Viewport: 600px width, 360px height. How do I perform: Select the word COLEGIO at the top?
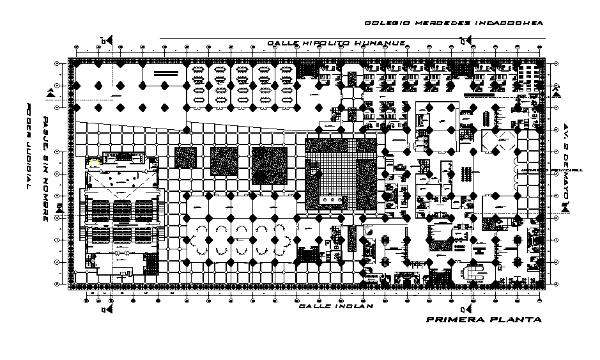tap(386, 23)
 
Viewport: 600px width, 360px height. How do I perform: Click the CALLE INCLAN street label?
tap(335, 306)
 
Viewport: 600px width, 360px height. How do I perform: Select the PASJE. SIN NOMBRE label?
tap(45, 169)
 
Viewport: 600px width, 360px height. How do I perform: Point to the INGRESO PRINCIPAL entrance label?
tap(551, 170)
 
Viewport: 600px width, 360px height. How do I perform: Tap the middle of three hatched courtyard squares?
tap(224, 161)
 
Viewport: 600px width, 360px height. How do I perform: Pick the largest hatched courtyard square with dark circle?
tap(269, 164)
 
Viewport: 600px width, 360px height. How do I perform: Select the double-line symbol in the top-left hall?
tap(165, 75)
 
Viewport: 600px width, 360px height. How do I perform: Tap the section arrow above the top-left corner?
tap(110, 40)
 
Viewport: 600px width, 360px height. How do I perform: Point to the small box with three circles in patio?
tap(333, 200)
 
